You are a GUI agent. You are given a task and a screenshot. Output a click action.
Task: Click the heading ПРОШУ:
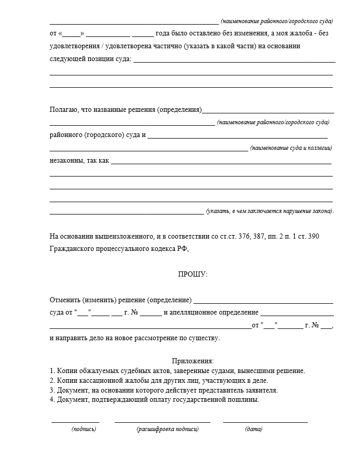click(x=192, y=275)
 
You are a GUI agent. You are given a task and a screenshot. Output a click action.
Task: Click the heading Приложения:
click(x=192, y=361)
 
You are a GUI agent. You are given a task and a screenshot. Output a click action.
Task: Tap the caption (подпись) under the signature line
click(x=84, y=429)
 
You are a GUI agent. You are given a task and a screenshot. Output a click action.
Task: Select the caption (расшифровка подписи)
click(x=167, y=429)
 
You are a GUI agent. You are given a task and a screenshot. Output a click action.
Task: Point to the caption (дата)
click(x=253, y=429)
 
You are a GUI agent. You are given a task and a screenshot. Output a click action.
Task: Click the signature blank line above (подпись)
click(x=75, y=421)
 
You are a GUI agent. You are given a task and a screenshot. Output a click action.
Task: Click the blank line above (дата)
click(x=265, y=421)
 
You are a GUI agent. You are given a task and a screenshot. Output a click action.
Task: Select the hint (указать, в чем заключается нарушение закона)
click(x=270, y=211)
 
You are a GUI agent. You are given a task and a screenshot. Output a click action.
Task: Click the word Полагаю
click(x=64, y=110)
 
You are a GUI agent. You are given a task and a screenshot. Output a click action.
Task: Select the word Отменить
click(x=64, y=300)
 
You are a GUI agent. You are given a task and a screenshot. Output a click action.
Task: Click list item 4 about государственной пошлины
click(x=154, y=400)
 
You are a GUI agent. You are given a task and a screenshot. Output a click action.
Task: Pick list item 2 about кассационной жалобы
click(x=159, y=380)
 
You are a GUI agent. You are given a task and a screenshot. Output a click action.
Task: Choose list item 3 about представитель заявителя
click(x=164, y=390)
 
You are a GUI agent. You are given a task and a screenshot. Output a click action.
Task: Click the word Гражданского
click(x=71, y=248)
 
